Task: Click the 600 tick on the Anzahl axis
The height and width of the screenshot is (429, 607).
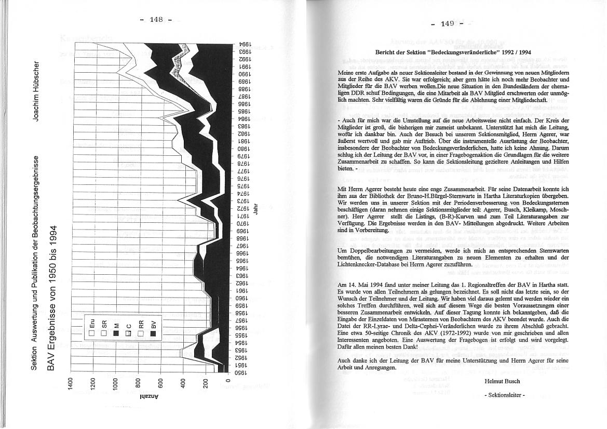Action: pos(160,385)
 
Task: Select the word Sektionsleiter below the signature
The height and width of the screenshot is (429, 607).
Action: pos(504,395)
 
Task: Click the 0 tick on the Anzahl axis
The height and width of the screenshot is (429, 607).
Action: pos(228,385)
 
